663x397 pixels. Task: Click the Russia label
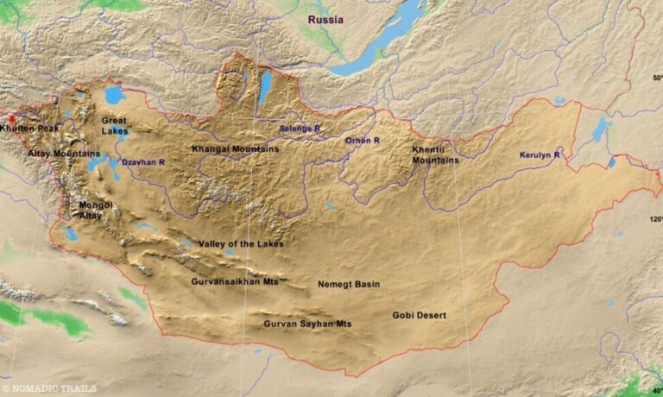click(325, 20)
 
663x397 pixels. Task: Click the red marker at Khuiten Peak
click(12, 120)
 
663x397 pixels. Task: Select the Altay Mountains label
click(64, 154)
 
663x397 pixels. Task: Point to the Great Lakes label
click(115, 126)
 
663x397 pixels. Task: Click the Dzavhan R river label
click(142, 161)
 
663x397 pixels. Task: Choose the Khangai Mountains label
click(235, 148)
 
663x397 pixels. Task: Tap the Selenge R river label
click(300, 129)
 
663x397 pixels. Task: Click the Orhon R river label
click(363, 140)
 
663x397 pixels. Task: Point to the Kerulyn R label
click(540, 155)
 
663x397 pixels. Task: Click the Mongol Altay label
click(95, 210)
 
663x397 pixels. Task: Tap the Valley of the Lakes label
click(241, 244)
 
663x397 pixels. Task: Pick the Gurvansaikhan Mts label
click(235, 280)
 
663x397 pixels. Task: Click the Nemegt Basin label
click(349, 284)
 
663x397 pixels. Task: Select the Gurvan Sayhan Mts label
click(307, 325)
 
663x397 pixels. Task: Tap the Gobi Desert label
click(420, 316)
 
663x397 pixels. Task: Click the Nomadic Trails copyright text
click(49, 388)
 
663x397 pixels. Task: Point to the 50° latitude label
click(657, 79)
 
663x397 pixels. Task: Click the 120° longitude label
click(655, 219)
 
